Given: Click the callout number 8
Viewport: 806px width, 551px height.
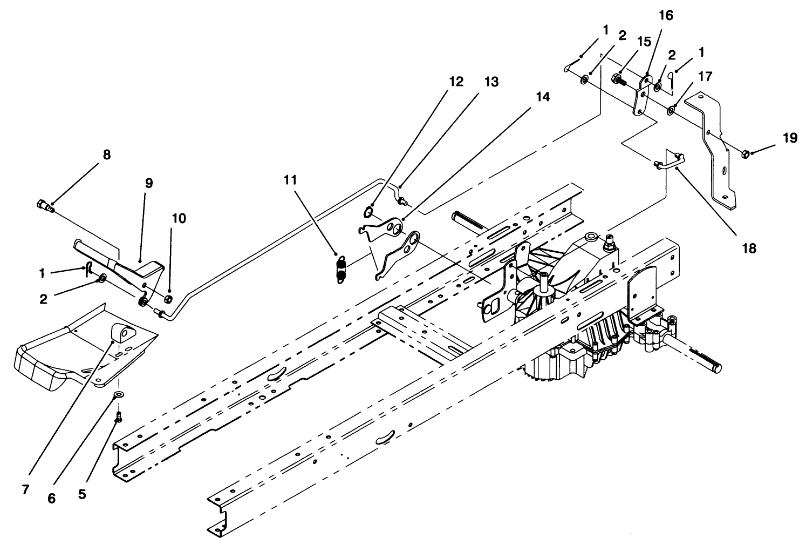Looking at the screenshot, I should [x=106, y=155].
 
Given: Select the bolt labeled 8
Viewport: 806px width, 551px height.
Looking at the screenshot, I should [x=44, y=205].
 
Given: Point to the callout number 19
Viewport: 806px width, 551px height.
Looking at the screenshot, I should [x=790, y=138].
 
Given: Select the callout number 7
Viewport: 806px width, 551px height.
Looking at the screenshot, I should [x=25, y=489].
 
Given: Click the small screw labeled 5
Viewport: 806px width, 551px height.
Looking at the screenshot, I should [x=119, y=416].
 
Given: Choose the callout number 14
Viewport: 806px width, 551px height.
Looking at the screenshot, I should [x=543, y=97].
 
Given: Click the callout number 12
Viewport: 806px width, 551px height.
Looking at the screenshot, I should [x=456, y=82].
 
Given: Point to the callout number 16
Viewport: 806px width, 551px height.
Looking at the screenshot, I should [x=666, y=15].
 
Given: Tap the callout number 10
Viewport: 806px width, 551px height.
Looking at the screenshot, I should [x=179, y=219].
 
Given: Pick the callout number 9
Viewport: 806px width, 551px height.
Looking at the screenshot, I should [x=148, y=183].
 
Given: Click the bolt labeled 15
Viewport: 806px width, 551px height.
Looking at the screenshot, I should [x=616, y=79].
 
